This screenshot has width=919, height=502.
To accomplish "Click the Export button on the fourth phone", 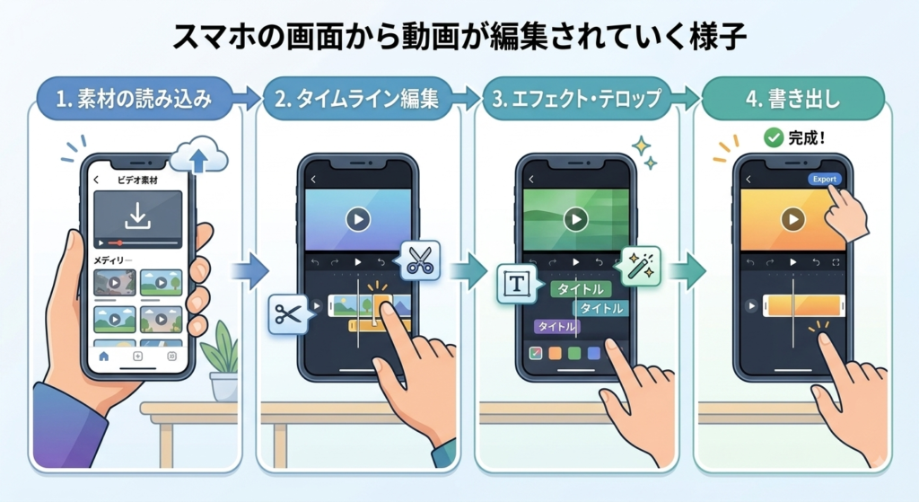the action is click(x=824, y=179).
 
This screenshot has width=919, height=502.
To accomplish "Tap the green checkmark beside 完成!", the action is click(x=774, y=137).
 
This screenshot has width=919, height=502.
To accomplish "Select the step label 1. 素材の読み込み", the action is click(x=135, y=99).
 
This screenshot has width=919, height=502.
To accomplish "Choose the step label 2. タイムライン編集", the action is click(x=357, y=99).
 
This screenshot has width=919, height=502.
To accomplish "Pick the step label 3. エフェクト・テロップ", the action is click(x=577, y=99).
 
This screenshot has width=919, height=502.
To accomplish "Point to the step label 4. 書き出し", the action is click(x=793, y=99).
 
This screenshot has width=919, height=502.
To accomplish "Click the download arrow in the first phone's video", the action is click(x=137, y=216).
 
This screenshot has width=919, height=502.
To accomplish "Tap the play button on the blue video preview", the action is click(x=357, y=219).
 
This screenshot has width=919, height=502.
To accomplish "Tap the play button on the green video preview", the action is click(x=575, y=219).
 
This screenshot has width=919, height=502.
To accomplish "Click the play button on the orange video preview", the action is click(x=793, y=219).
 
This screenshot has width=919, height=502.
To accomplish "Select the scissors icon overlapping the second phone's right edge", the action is click(x=420, y=260).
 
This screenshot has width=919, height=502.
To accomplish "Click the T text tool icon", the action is click(x=516, y=285).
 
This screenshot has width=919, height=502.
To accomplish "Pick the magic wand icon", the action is click(x=640, y=266).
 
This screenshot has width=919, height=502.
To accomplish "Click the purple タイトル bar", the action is click(x=556, y=327).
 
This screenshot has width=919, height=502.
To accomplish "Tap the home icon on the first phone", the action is click(x=104, y=356).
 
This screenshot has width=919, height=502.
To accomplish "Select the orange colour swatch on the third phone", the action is click(x=555, y=353).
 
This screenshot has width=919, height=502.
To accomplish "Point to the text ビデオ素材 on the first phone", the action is click(x=137, y=180).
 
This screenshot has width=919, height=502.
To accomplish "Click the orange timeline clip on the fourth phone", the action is click(x=803, y=305).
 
